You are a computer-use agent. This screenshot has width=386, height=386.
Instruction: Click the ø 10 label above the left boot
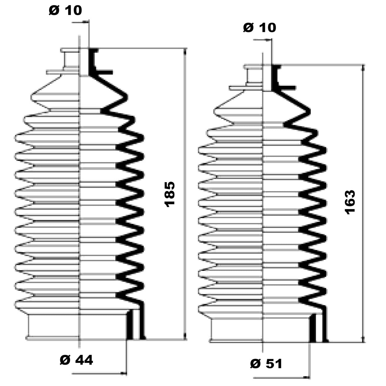65,10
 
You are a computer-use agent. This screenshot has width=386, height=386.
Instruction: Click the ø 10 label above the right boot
260,28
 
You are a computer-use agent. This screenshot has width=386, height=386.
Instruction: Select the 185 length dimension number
170,194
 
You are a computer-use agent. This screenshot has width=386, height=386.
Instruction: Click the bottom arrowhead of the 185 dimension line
185,337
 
